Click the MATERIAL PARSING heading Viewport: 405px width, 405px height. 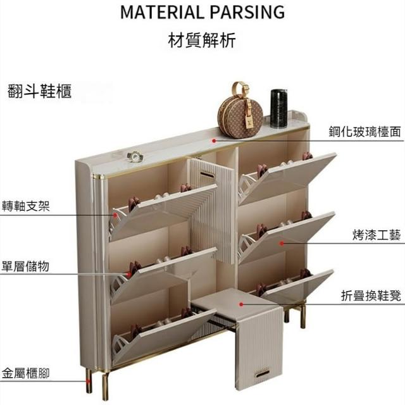click(202, 12)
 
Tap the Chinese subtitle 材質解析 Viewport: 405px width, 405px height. click(202, 41)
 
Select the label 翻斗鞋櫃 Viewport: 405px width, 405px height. click(40, 90)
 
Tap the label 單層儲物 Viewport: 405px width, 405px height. click(26, 266)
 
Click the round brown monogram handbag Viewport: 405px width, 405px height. click(240, 117)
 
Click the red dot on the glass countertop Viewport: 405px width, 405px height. click(215, 141)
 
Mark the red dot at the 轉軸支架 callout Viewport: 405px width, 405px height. click(115, 215)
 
